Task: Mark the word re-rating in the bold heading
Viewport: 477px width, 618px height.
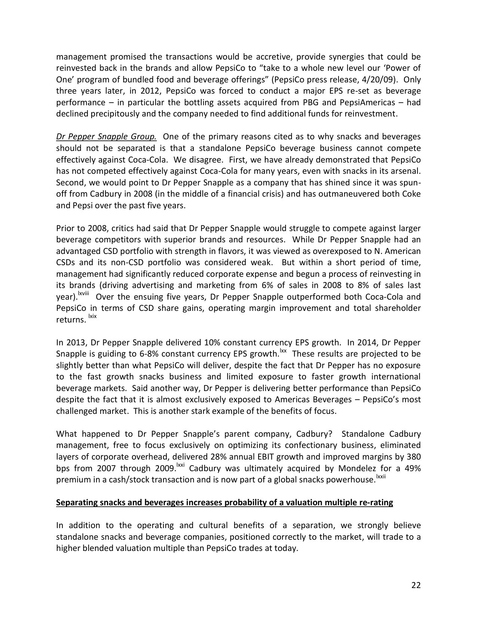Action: pyautogui.click(x=376, y=503)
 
